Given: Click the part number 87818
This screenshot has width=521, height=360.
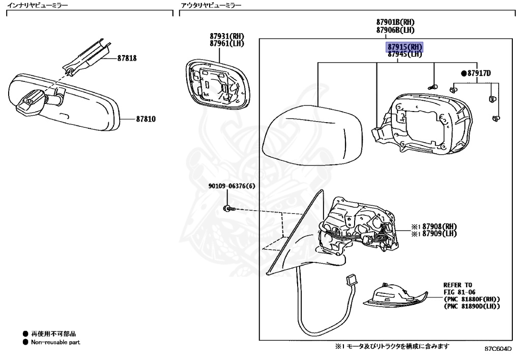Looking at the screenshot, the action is (127, 58).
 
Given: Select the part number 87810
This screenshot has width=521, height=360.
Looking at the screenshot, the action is (146, 119).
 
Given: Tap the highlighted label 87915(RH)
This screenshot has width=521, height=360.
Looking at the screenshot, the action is (404, 47).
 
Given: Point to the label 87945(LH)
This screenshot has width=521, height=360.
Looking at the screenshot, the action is (404, 54).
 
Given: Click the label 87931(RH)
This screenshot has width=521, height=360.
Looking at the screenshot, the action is (227, 36).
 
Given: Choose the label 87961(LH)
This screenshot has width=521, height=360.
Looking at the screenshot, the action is (227, 44).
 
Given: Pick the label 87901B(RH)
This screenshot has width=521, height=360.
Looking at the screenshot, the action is (395, 22).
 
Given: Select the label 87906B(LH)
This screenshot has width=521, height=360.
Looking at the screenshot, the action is (395, 30).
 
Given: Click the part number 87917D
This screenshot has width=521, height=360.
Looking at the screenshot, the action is (479, 73).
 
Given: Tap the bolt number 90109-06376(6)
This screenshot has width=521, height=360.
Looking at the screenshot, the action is (232, 186).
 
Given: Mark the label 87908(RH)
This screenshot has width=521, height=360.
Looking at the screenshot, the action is (440, 227).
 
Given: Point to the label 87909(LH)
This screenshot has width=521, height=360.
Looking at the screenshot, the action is (440, 234).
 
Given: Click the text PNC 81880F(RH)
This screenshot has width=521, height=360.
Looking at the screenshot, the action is (472, 299).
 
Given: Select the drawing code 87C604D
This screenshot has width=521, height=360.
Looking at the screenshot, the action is (498, 349).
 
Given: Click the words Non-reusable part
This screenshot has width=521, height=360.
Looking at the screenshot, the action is (55, 342).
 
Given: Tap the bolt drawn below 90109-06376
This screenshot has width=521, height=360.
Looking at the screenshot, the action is (229, 209).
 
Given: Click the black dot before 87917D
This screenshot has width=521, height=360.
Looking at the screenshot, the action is (464, 73).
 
